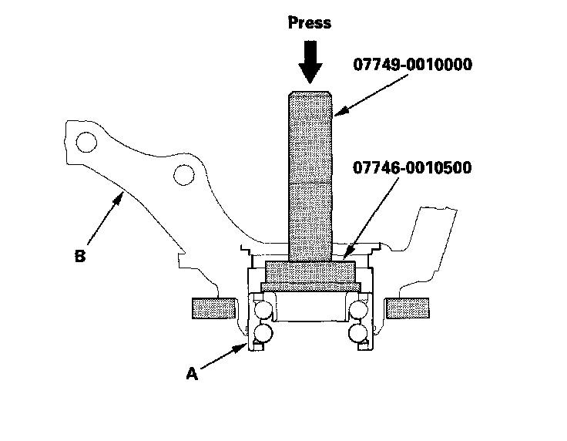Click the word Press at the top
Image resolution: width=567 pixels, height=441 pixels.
(x=310, y=23)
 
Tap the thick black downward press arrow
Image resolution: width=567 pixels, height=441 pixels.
(x=310, y=62)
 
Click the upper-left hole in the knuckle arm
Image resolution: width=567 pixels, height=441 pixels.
(x=86, y=143)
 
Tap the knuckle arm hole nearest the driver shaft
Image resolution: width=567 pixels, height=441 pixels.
(x=183, y=176)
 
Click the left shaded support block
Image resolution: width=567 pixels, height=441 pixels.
(x=211, y=308)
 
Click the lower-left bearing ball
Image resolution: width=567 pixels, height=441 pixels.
(x=262, y=332)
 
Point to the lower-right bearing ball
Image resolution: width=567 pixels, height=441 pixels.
(x=358, y=332)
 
